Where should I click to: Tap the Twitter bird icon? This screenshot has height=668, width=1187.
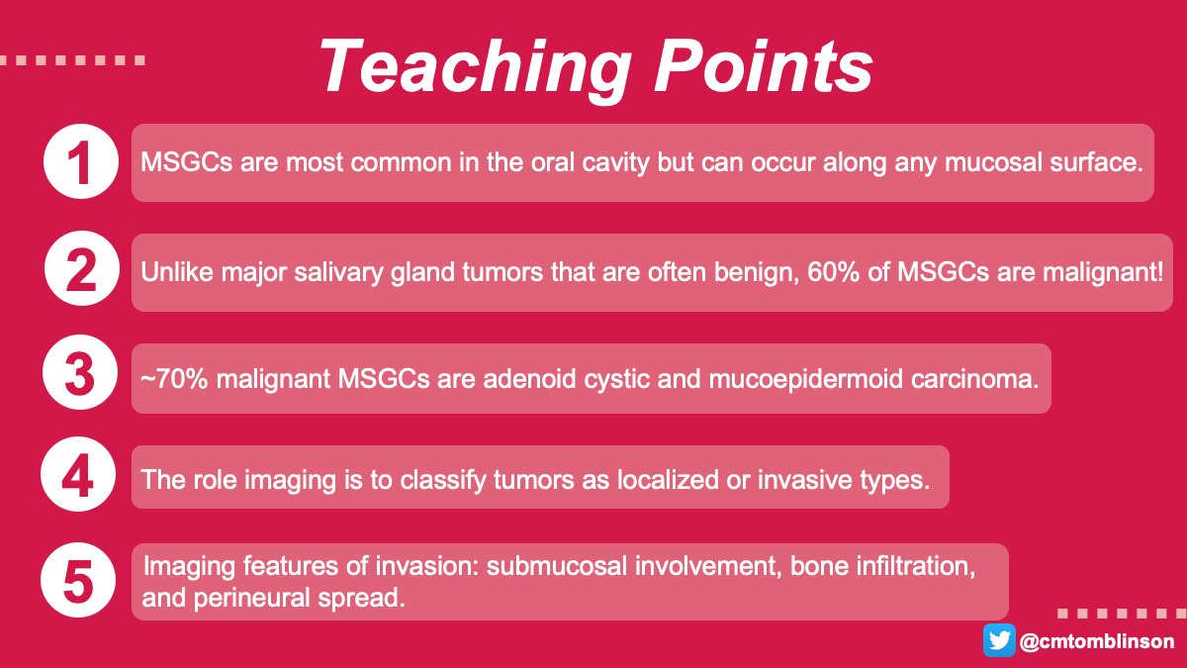[x=999, y=640]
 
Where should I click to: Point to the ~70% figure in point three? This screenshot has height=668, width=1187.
[x=172, y=379]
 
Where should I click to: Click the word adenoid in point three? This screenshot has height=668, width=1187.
[x=560, y=379]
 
